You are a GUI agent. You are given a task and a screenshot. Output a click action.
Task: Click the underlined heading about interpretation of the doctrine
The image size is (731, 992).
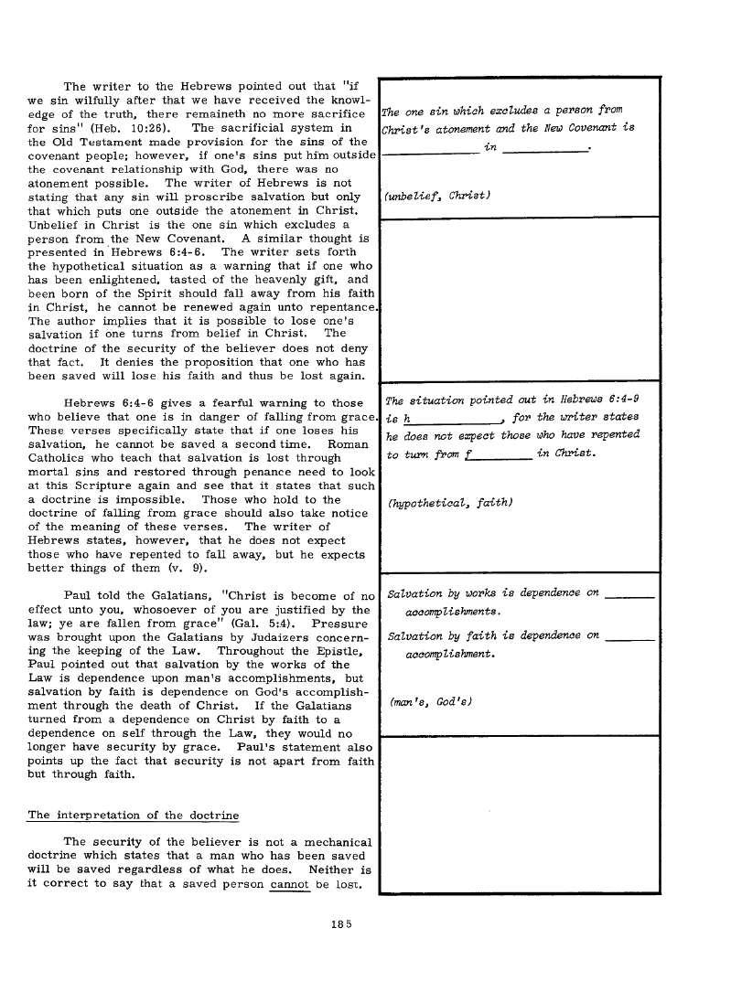134,815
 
